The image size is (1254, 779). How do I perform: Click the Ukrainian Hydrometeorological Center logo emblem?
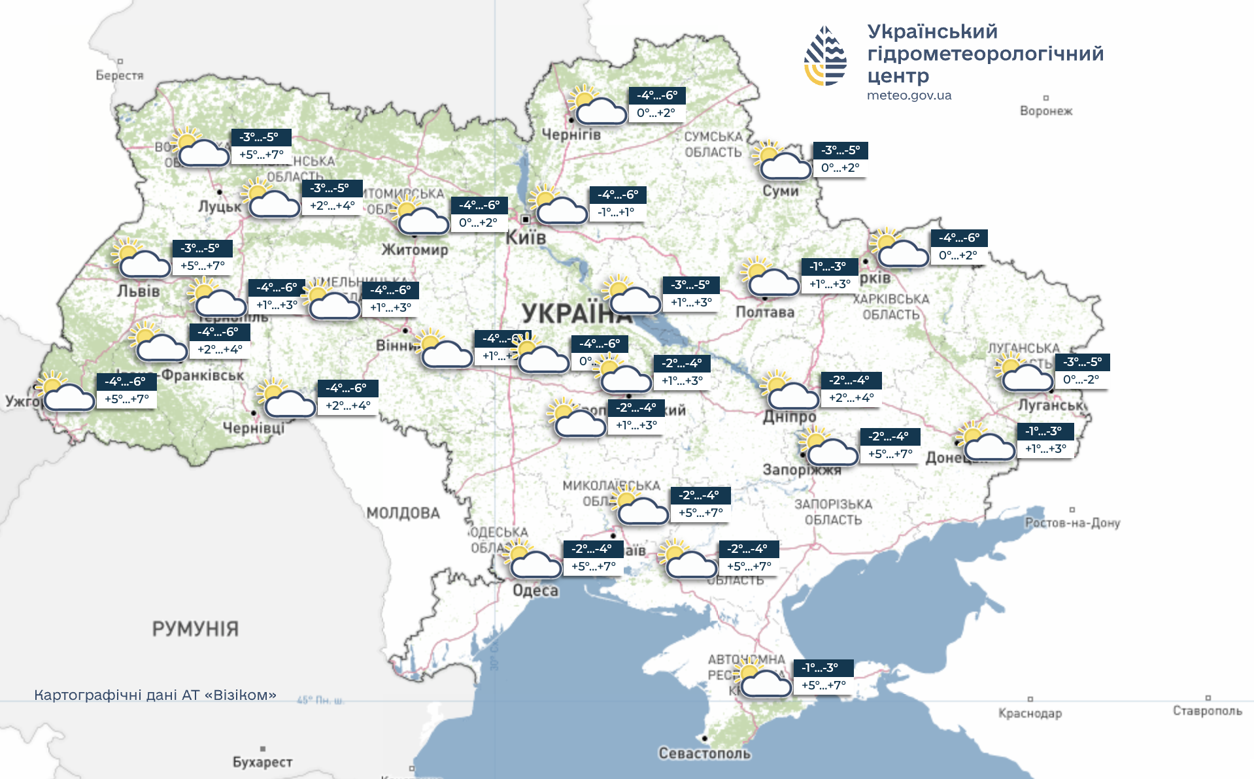[x=825, y=56]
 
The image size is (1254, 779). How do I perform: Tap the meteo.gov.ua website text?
[x=909, y=95]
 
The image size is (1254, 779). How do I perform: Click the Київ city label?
[x=526, y=238]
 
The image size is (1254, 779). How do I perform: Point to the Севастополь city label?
[x=704, y=754]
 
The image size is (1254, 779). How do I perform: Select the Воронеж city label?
[x=1046, y=111]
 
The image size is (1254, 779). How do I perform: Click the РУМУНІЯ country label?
[x=195, y=629]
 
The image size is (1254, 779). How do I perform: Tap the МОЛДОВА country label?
[x=403, y=513]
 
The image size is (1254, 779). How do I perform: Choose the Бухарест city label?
[x=262, y=762]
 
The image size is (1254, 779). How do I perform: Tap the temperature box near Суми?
[x=840, y=159]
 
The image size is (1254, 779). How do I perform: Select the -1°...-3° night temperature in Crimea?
[x=820, y=668]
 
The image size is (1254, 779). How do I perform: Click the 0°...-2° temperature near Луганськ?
[x=1081, y=380]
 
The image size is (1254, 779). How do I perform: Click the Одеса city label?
[x=535, y=591]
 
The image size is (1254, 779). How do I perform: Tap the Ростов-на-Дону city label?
[x=1072, y=523]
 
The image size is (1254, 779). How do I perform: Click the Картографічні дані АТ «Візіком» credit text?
[x=155, y=695]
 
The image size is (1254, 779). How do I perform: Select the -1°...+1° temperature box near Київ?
[x=616, y=212]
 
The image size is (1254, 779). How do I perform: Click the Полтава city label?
[x=765, y=312]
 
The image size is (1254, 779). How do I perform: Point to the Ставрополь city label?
[x=1207, y=711]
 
